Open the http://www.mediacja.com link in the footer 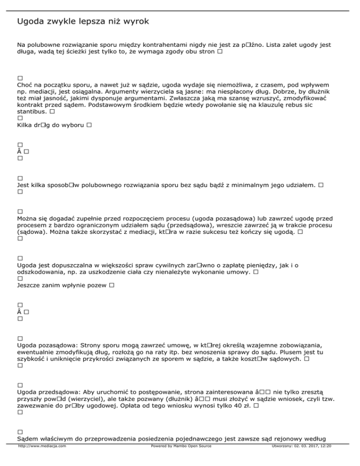click(x=42, y=459)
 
